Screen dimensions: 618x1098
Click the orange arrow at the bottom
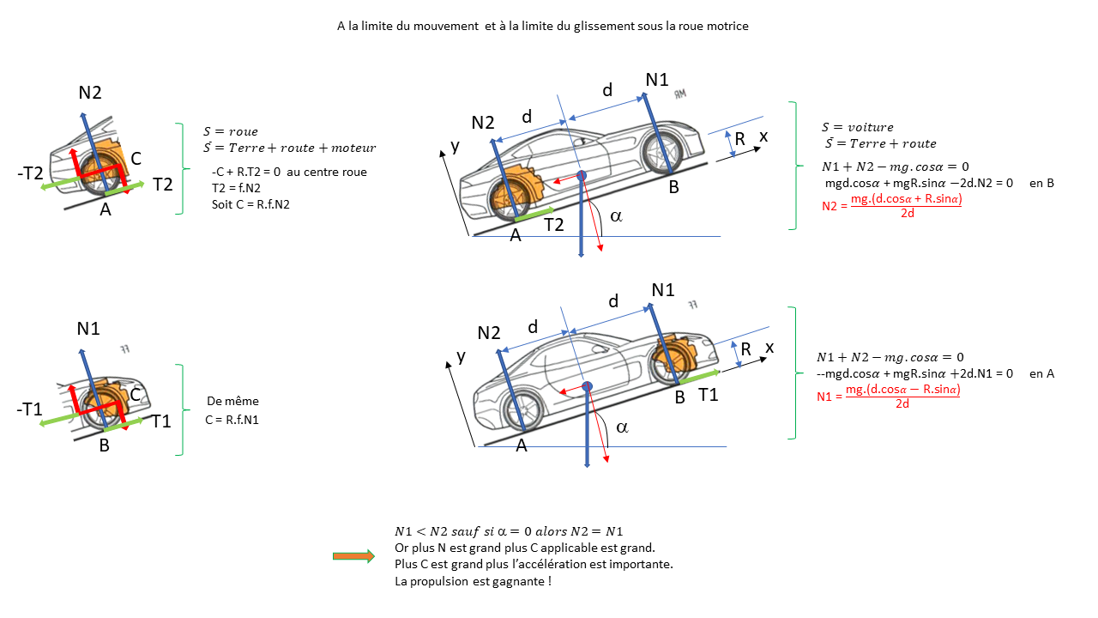click(353, 556)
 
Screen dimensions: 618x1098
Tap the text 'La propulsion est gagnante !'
click(473, 581)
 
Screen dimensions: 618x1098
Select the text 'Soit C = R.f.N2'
click(251, 203)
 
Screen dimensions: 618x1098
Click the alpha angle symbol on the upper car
click(615, 215)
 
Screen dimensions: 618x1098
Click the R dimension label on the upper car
click(739, 139)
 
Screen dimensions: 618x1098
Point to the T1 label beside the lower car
click(709, 395)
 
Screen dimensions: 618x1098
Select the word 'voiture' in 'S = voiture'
click(871, 127)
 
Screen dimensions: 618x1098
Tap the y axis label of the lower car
click(461, 355)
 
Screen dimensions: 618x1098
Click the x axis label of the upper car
click(763, 136)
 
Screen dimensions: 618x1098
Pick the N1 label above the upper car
click(657, 80)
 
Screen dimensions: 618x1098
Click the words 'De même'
click(232, 401)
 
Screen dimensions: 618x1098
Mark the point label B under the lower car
click(679, 397)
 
